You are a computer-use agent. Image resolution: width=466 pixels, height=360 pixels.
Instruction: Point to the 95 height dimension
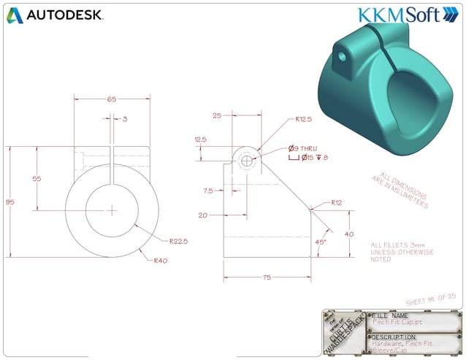pyautogui.click(x=7, y=202)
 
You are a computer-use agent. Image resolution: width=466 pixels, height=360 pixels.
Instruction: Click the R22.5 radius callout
pyautogui.click(x=179, y=240)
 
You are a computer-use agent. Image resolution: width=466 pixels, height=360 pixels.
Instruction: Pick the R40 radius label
pyautogui.click(x=160, y=260)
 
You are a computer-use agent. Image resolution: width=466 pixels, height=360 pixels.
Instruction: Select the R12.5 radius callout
pyautogui.click(x=305, y=120)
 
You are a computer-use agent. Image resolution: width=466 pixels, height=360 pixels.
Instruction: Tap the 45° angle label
pyautogui.click(x=320, y=242)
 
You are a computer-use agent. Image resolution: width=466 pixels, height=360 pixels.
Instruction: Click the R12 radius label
pyautogui.click(x=337, y=202)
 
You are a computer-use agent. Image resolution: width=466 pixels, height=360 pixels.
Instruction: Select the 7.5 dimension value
pyautogui.click(x=209, y=191)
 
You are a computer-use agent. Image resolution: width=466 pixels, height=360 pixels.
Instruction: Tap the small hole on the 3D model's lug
pyautogui.click(x=340, y=55)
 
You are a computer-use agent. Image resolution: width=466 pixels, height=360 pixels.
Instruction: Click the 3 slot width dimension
pyautogui.click(x=125, y=118)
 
